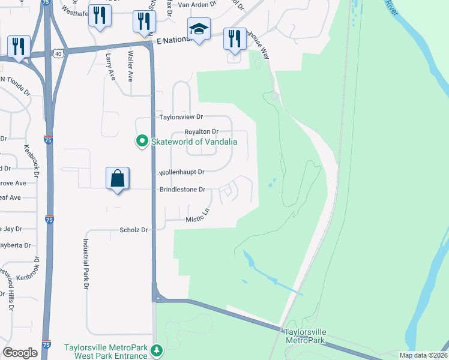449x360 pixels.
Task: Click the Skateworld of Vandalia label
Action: click(194, 142)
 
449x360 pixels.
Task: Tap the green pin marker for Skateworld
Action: click(142, 142)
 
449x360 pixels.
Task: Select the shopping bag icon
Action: click(117, 179)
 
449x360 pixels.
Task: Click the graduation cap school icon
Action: click(199, 29)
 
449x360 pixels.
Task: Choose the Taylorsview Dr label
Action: click(181, 117)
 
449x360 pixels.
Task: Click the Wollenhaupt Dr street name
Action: click(182, 172)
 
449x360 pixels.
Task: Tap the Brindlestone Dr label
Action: click(182, 190)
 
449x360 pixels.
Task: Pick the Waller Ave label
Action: click(130, 67)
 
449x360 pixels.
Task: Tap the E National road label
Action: click(171, 39)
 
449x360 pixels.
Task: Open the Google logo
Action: click(20, 353)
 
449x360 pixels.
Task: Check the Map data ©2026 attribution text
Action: click(424, 355)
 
